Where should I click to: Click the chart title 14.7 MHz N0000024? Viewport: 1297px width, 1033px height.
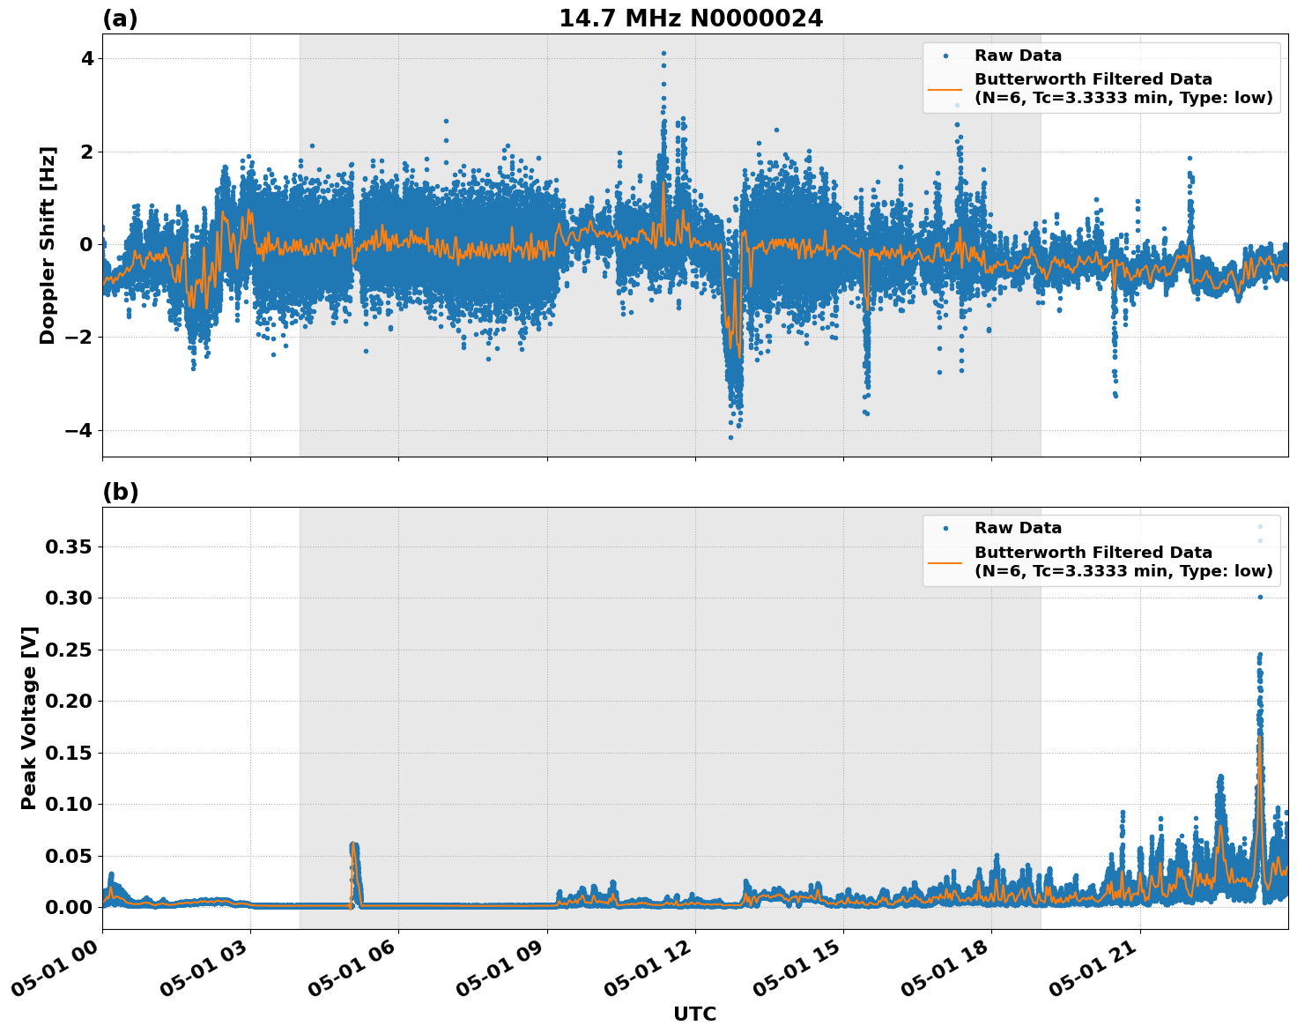click(691, 19)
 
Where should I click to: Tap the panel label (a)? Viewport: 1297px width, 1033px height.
click(120, 19)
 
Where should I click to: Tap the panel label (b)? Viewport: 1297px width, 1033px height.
click(120, 492)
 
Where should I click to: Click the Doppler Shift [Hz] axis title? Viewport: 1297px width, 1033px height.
click(48, 245)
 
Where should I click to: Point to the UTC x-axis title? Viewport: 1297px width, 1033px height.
click(694, 1014)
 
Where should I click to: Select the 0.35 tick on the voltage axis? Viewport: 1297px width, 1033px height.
click(69, 547)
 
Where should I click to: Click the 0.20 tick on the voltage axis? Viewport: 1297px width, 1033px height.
click(69, 702)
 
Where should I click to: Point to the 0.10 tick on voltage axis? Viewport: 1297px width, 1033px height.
click(69, 804)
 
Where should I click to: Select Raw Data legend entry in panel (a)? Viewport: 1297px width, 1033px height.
click(1018, 56)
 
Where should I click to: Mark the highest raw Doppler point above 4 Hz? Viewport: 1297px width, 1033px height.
click(663, 53)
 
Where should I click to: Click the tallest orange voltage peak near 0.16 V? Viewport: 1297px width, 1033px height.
click(1259, 737)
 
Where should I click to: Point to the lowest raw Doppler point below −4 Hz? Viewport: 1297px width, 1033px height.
click(730, 437)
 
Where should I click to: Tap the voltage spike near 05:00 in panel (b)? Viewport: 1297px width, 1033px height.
click(353, 846)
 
